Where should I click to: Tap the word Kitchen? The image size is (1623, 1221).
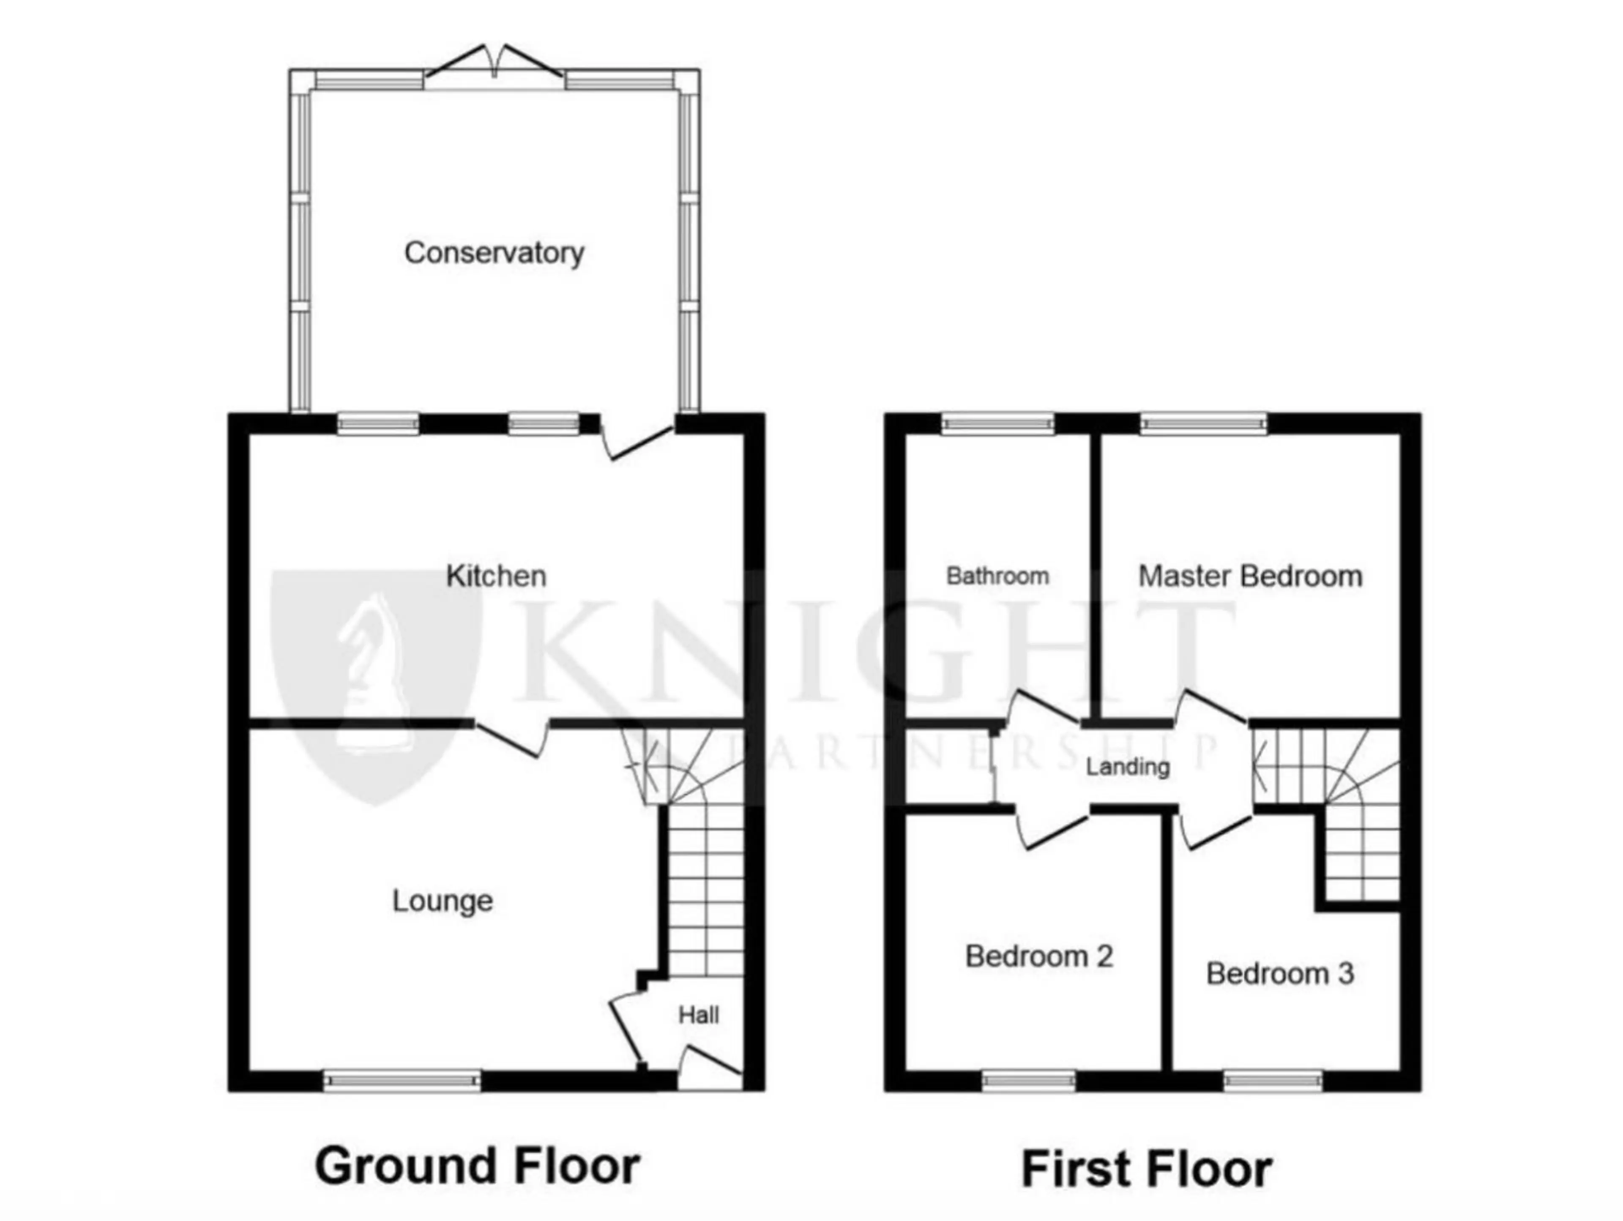[496, 576]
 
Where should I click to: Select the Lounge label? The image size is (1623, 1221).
[443, 901]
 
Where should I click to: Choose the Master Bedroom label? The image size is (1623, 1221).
[1250, 576]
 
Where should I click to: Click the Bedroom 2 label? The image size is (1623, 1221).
[1039, 956]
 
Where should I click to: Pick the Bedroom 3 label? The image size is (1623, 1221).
[1280, 974]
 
